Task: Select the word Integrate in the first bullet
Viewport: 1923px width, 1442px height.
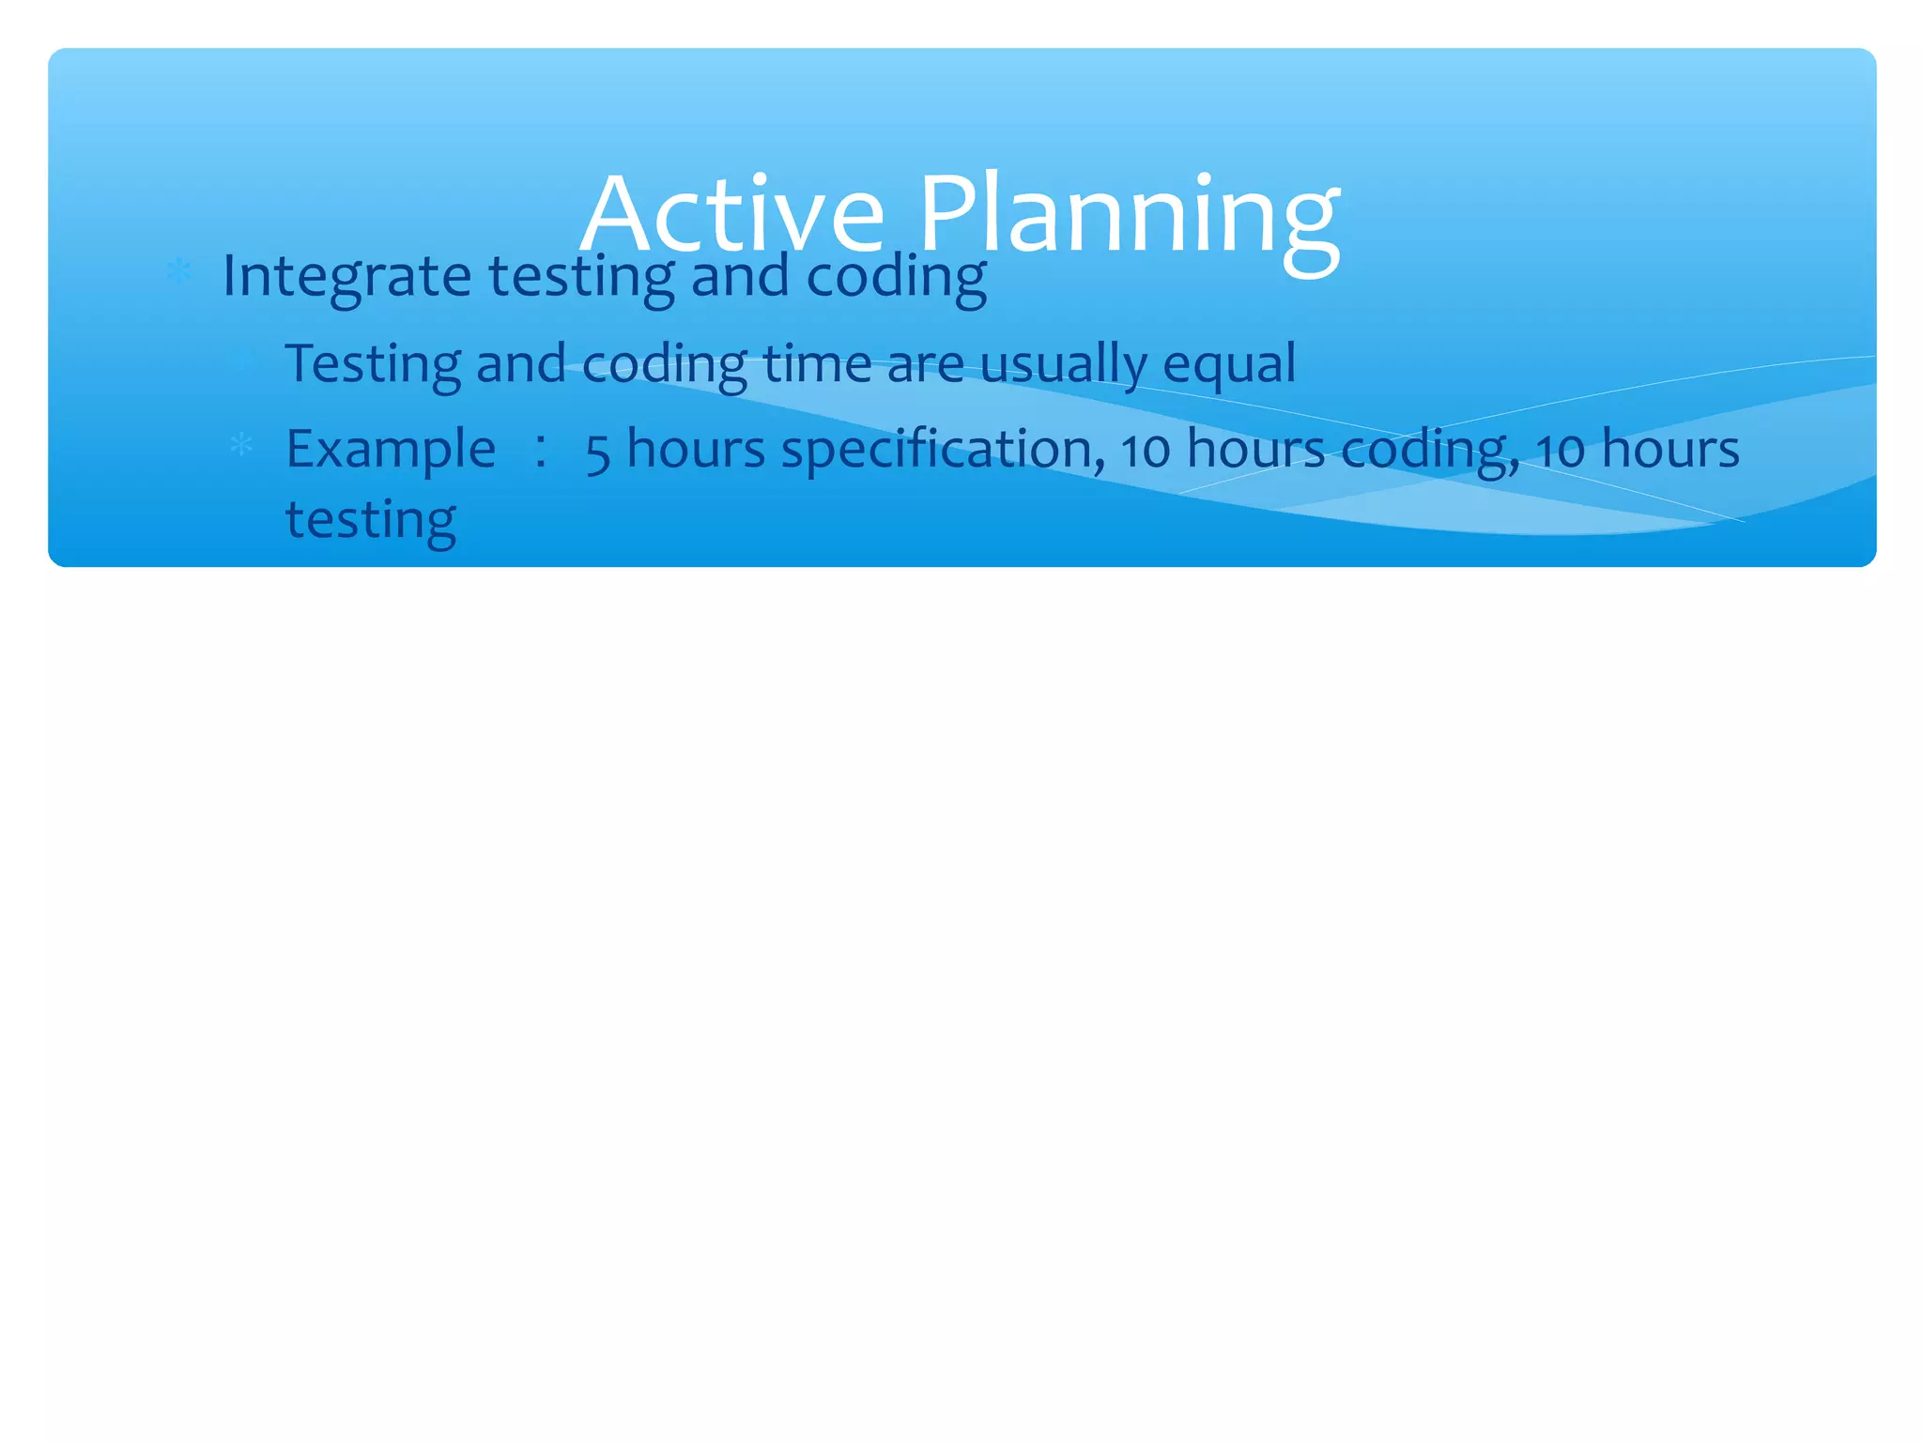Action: coord(346,277)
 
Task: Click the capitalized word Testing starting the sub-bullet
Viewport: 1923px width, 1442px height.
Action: coord(373,364)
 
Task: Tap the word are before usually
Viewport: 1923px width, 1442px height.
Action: coord(925,364)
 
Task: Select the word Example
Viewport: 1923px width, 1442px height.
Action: coord(391,450)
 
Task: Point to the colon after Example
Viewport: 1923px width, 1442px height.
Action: coord(541,450)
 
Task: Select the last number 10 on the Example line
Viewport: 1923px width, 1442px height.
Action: coord(1561,450)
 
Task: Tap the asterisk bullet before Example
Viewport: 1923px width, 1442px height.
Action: coord(241,445)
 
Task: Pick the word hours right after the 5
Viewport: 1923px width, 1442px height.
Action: coord(696,448)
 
